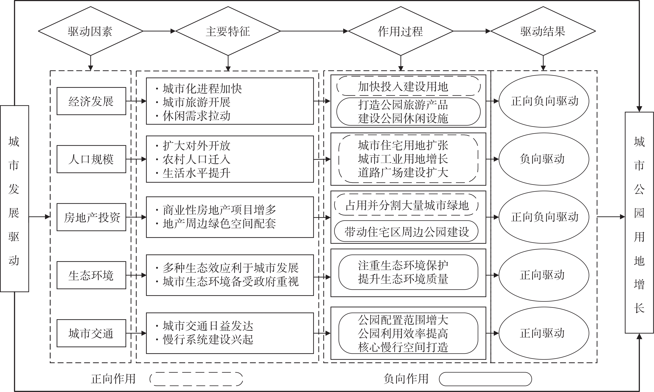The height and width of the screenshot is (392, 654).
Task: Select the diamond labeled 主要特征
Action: coord(228,31)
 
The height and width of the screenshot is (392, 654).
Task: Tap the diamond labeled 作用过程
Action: coord(401,31)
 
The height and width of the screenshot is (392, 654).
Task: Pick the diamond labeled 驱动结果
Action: coord(543,31)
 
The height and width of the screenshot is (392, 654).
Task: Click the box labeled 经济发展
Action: coord(91,101)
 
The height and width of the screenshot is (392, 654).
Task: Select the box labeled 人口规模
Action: coord(91,159)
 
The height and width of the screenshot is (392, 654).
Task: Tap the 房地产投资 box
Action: coord(91,217)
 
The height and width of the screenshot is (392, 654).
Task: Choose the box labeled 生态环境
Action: coord(91,275)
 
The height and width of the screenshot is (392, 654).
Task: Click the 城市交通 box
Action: coord(91,333)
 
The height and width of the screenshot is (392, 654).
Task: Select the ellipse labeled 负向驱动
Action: coord(544,159)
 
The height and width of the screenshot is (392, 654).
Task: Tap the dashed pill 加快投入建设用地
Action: coord(408,86)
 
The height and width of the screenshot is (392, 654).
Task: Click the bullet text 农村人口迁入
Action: coord(196,159)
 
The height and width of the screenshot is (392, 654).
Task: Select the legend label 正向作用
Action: coord(113,379)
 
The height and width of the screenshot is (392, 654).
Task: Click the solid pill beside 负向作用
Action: coord(485,379)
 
